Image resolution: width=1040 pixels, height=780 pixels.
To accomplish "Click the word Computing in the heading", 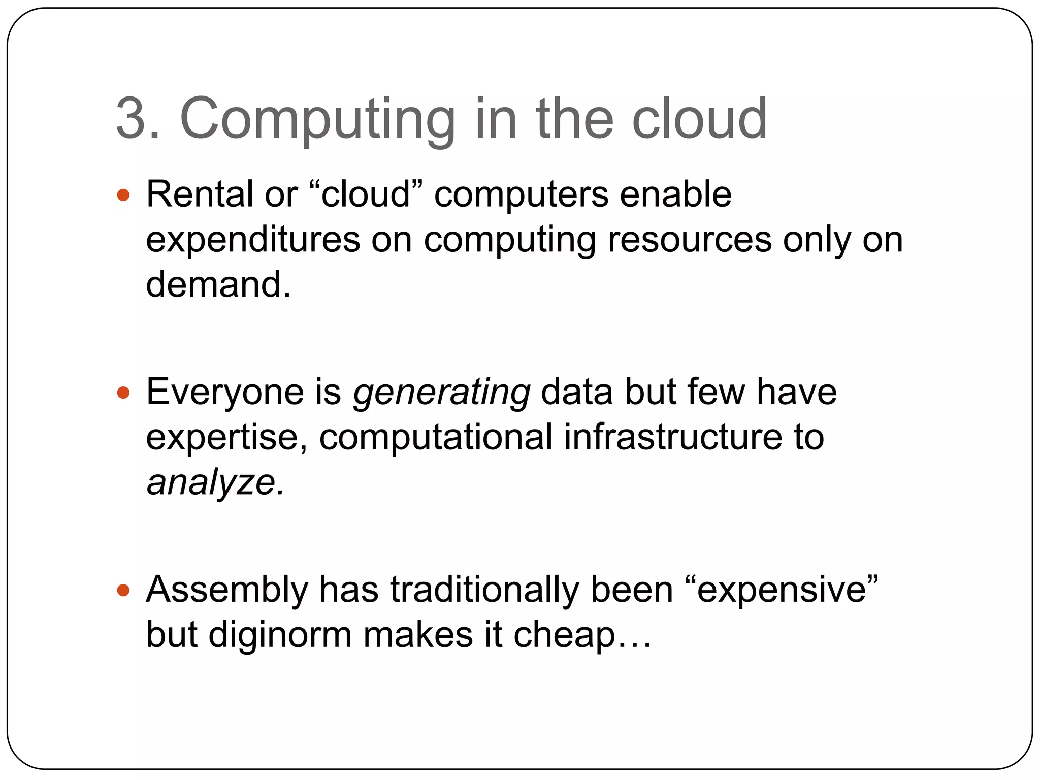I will (317, 120).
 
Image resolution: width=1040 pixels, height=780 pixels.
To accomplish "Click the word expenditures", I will (253, 240).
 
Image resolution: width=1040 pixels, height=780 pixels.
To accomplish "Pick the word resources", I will (689, 239).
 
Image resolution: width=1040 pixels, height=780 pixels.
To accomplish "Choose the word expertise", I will (227, 438).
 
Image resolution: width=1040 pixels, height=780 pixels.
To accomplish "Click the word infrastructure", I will (673, 437).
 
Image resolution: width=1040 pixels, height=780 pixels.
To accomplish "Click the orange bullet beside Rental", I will (123, 196).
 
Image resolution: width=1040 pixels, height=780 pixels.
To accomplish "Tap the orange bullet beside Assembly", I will (123, 591).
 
